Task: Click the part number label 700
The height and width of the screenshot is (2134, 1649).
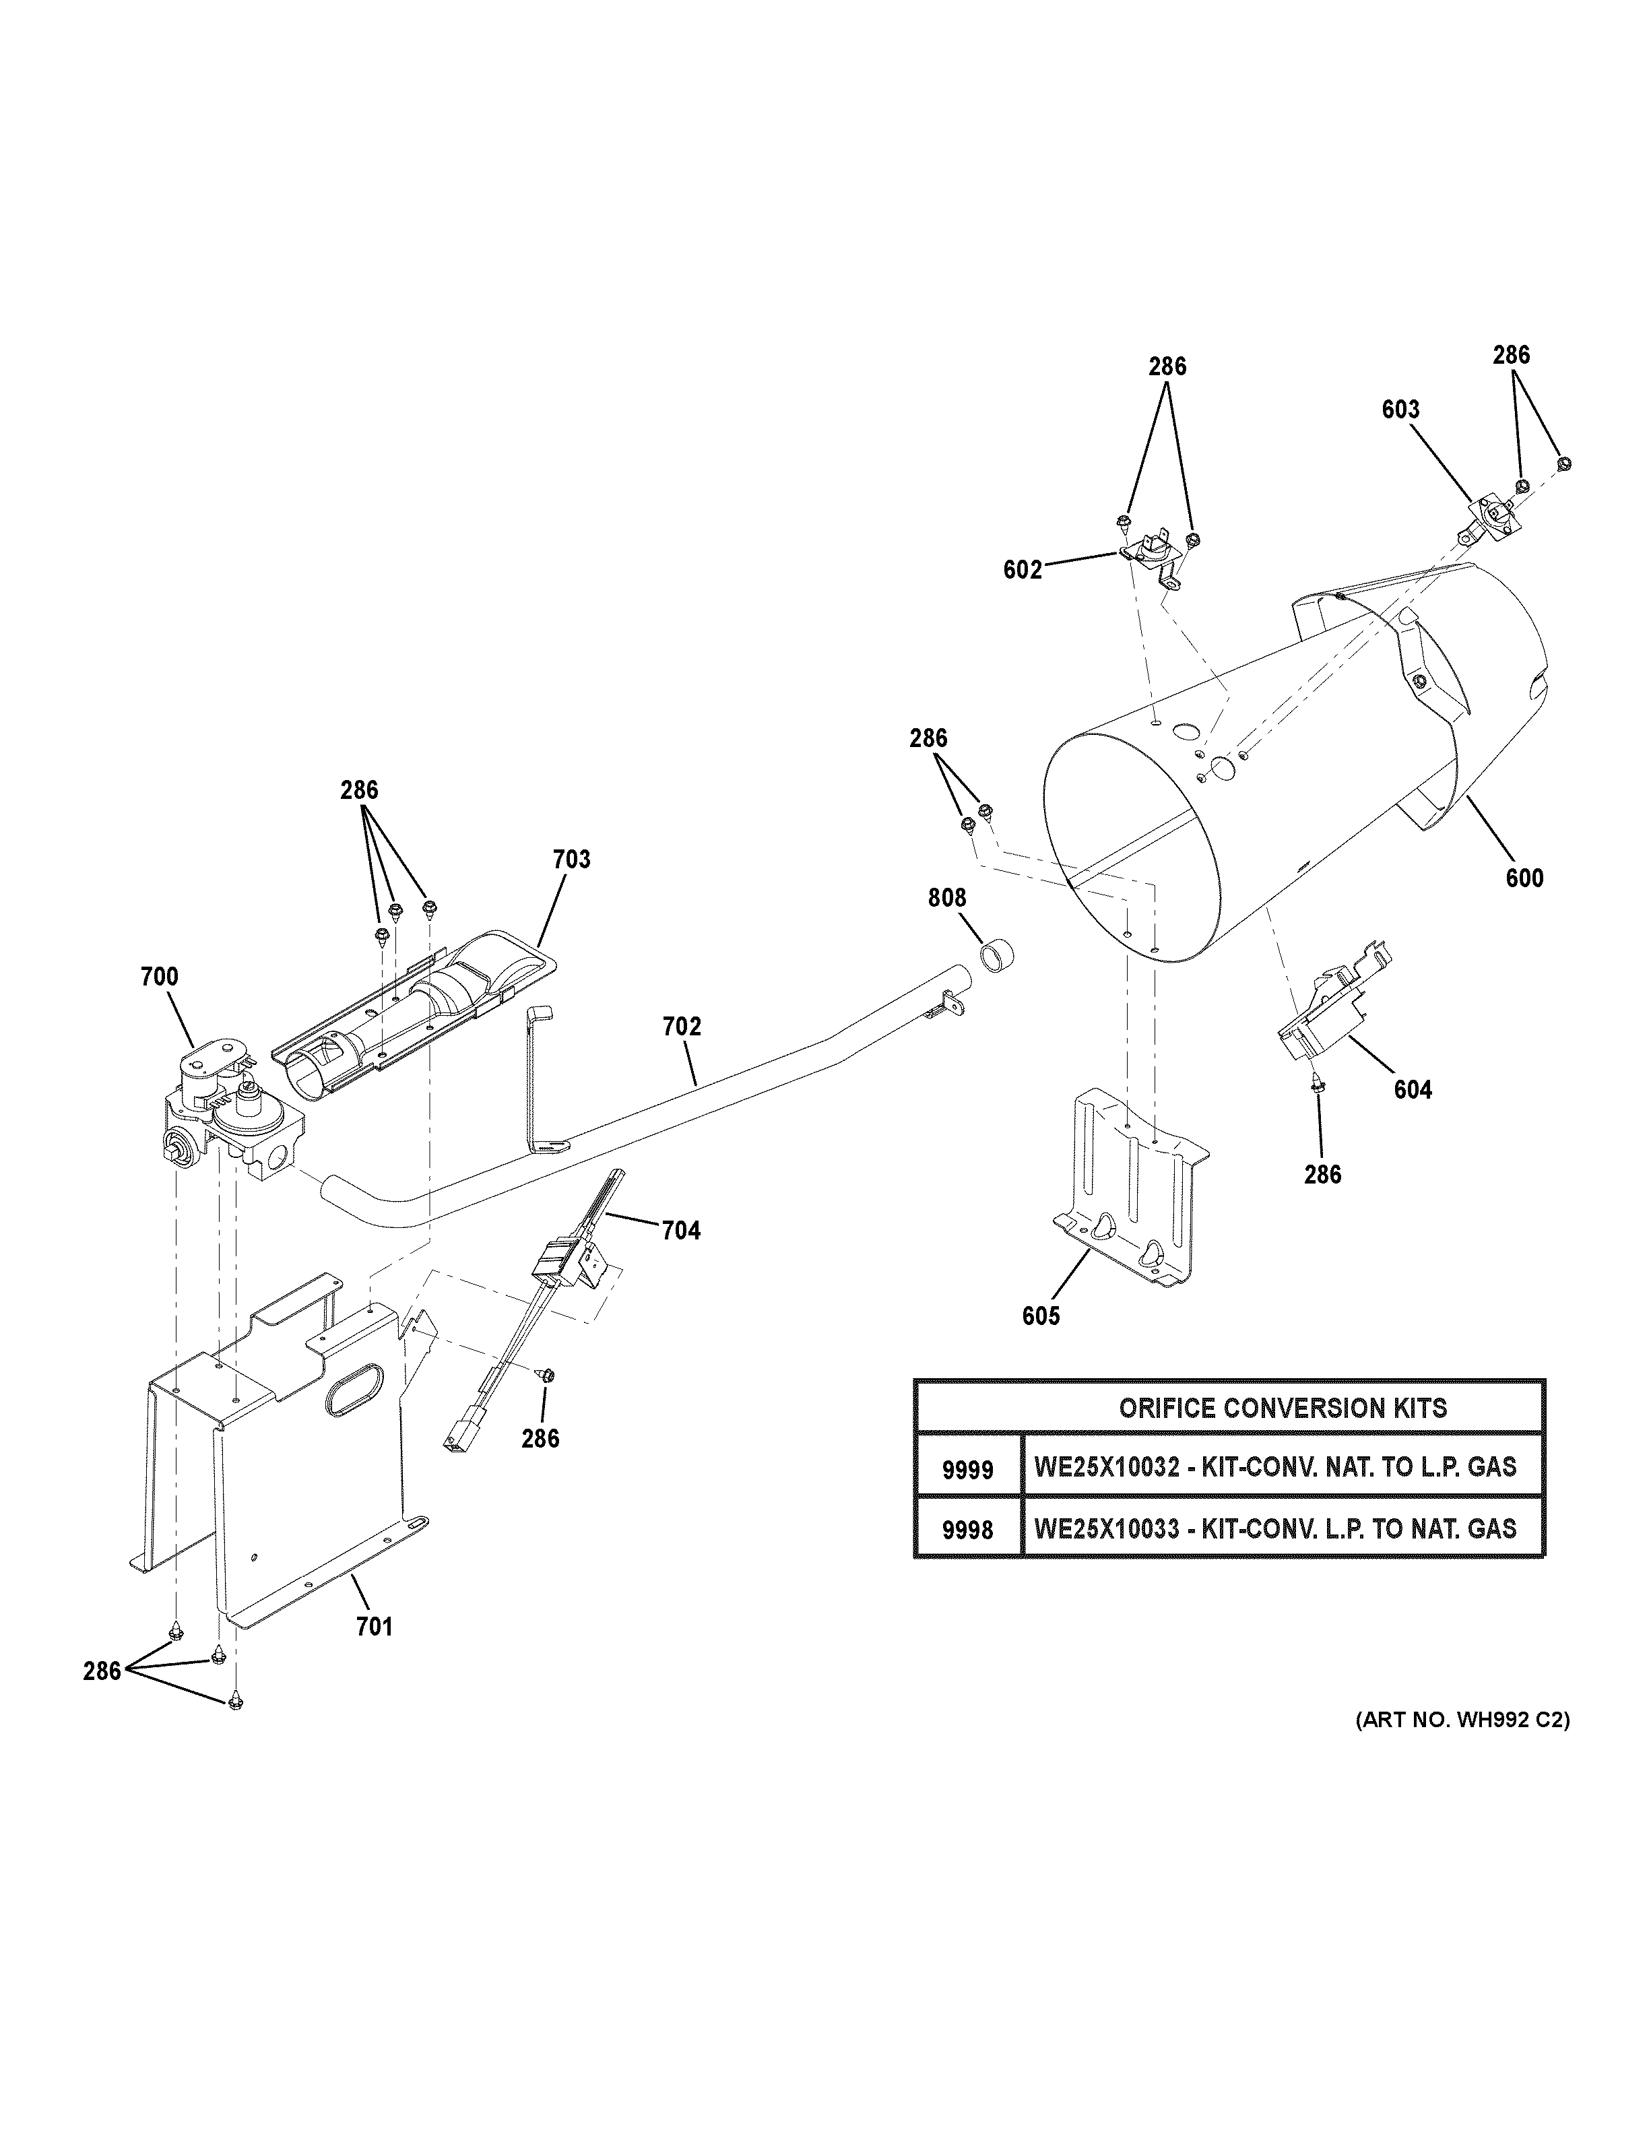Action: click(159, 976)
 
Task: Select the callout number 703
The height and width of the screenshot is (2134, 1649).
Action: click(571, 859)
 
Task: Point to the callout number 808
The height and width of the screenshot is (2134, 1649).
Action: click(946, 897)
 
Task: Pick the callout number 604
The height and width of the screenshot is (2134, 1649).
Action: click(1413, 1089)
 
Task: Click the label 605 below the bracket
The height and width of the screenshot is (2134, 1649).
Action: click(1041, 1316)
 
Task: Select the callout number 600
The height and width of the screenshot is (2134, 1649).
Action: click(1524, 878)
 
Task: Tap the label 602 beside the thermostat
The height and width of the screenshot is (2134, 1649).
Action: click(1023, 570)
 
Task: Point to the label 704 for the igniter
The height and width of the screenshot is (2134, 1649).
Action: click(681, 1231)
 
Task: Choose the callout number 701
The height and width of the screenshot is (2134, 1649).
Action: click(374, 1627)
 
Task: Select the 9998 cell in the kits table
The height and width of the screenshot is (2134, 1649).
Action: click(967, 1557)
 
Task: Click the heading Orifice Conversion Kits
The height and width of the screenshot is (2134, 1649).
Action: click(1282, 1408)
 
